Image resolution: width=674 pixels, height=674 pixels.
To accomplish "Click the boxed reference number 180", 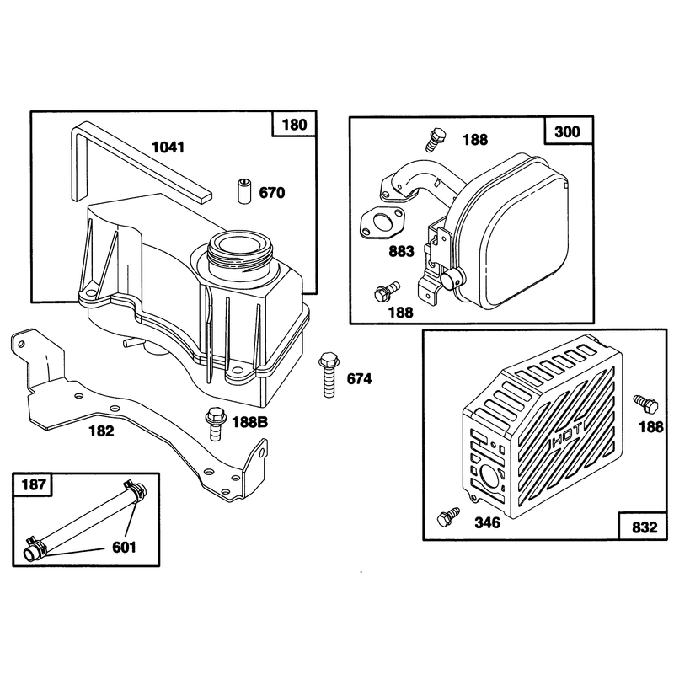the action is [294, 125].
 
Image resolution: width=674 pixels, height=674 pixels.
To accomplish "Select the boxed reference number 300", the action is [567, 131].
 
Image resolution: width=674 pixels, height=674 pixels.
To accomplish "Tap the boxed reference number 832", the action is [645, 527].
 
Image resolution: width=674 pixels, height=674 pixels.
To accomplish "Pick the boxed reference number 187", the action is [34, 485].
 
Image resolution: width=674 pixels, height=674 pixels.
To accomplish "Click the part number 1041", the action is [168, 147].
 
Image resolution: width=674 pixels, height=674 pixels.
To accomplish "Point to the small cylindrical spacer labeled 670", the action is [244, 191].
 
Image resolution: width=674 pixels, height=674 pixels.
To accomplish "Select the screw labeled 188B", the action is [215, 424].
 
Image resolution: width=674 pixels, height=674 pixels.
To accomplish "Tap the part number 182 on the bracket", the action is [101, 431].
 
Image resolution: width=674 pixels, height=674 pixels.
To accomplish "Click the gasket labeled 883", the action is [382, 223].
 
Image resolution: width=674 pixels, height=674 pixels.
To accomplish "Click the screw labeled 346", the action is [447, 516].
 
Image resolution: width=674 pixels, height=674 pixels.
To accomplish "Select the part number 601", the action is [124, 548].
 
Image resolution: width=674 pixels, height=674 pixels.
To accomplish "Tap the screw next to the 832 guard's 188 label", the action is [646, 404].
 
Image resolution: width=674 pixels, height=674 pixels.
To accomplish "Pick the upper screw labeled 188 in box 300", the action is [436, 138].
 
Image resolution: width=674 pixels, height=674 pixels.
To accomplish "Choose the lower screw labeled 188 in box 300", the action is [387, 291].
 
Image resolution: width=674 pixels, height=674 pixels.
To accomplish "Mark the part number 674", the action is [360, 379].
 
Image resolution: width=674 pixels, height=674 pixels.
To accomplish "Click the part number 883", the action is [401, 251].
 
